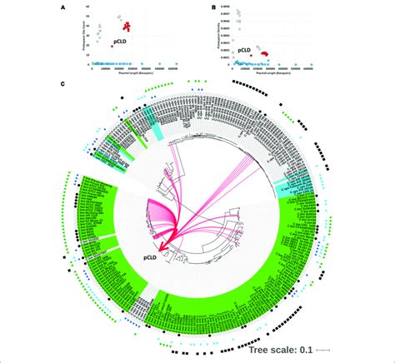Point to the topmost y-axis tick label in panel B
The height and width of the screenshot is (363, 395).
click(x=225, y=10)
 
